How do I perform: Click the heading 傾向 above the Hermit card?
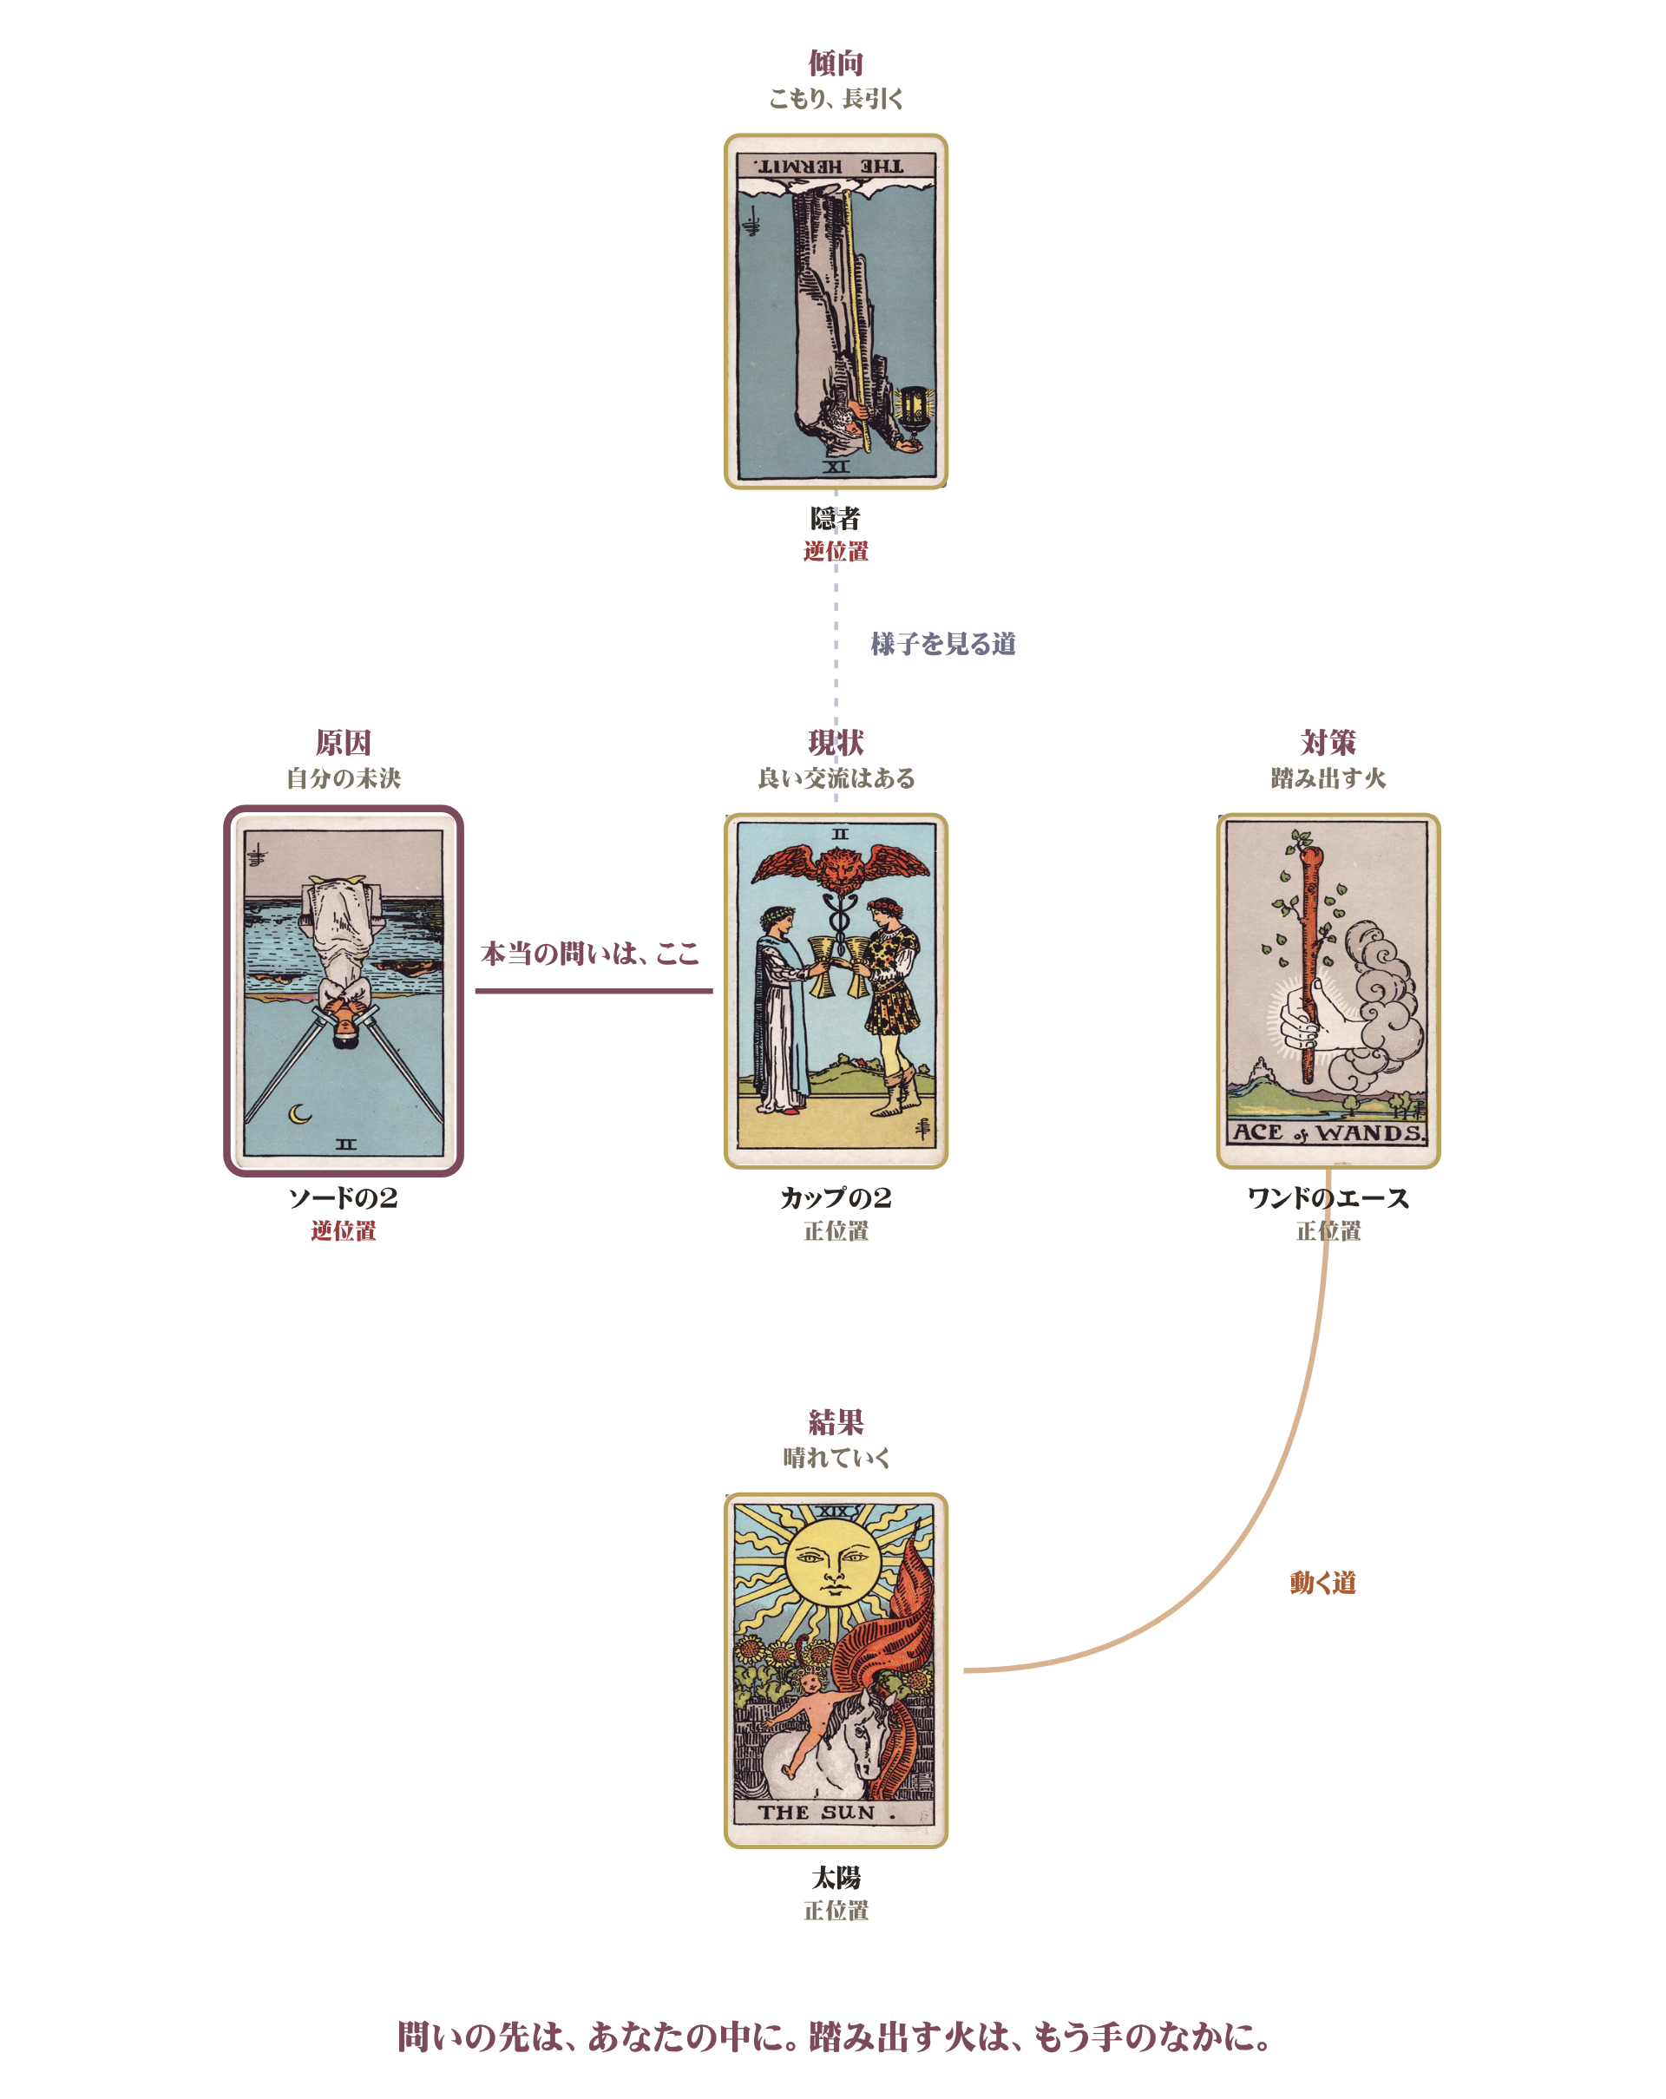836,63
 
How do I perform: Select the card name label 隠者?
836,518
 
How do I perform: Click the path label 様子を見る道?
942,644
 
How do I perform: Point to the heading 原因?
343,743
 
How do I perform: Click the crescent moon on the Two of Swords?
300,1112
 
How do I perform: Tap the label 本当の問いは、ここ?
590,953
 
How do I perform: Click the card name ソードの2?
343,1197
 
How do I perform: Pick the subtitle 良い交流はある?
836,777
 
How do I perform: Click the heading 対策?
1328,743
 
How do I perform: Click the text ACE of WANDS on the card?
1328,1132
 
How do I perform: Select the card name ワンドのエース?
1328,1197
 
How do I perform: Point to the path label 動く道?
1322,1583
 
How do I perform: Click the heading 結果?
836,1422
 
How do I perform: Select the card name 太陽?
836,1877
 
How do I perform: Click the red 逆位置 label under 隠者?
836,551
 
